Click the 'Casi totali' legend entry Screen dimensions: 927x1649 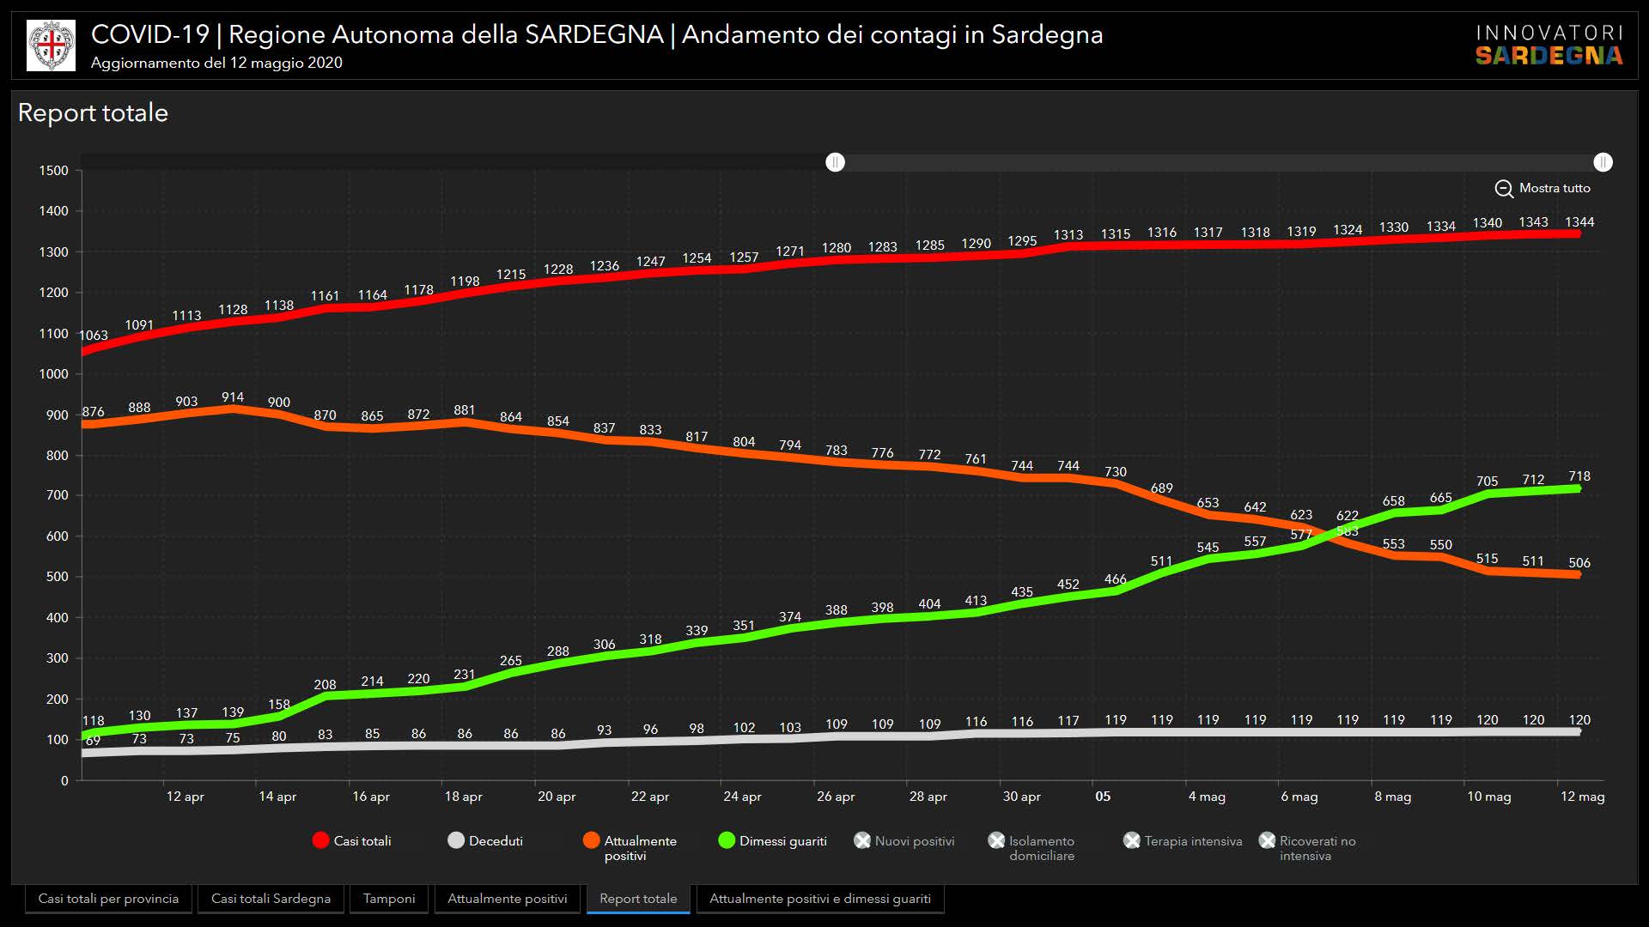(x=353, y=841)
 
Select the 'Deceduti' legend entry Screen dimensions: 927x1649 (x=486, y=841)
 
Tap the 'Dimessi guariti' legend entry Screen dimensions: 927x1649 (x=773, y=841)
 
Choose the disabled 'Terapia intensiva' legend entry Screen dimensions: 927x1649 (x=1184, y=841)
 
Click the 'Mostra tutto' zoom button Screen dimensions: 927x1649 (x=1543, y=188)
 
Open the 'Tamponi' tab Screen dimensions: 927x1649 (x=388, y=899)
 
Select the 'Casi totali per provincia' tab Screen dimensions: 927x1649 (x=108, y=899)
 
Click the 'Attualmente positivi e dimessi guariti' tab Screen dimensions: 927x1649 (x=819, y=899)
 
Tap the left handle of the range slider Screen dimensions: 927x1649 (x=835, y=162)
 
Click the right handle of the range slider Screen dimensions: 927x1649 (x=1603, y=162)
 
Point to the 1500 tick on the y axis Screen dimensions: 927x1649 (x=53, y=171)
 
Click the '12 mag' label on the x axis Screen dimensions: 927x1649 (x=1582, y=797)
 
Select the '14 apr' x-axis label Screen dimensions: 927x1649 (x=277, y=797)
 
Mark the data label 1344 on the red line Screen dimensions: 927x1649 (x=1579, y=222)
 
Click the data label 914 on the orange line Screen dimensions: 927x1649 (x=233, y=397)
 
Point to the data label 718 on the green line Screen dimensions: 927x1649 (x=1579, y=476)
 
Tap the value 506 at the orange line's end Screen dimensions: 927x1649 (x=1579, y=563)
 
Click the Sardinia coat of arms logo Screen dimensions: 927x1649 (x=51, y=45)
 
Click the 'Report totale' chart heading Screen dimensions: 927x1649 (x=93, y=112)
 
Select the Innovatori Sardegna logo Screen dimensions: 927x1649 (x=1549, y=45)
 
